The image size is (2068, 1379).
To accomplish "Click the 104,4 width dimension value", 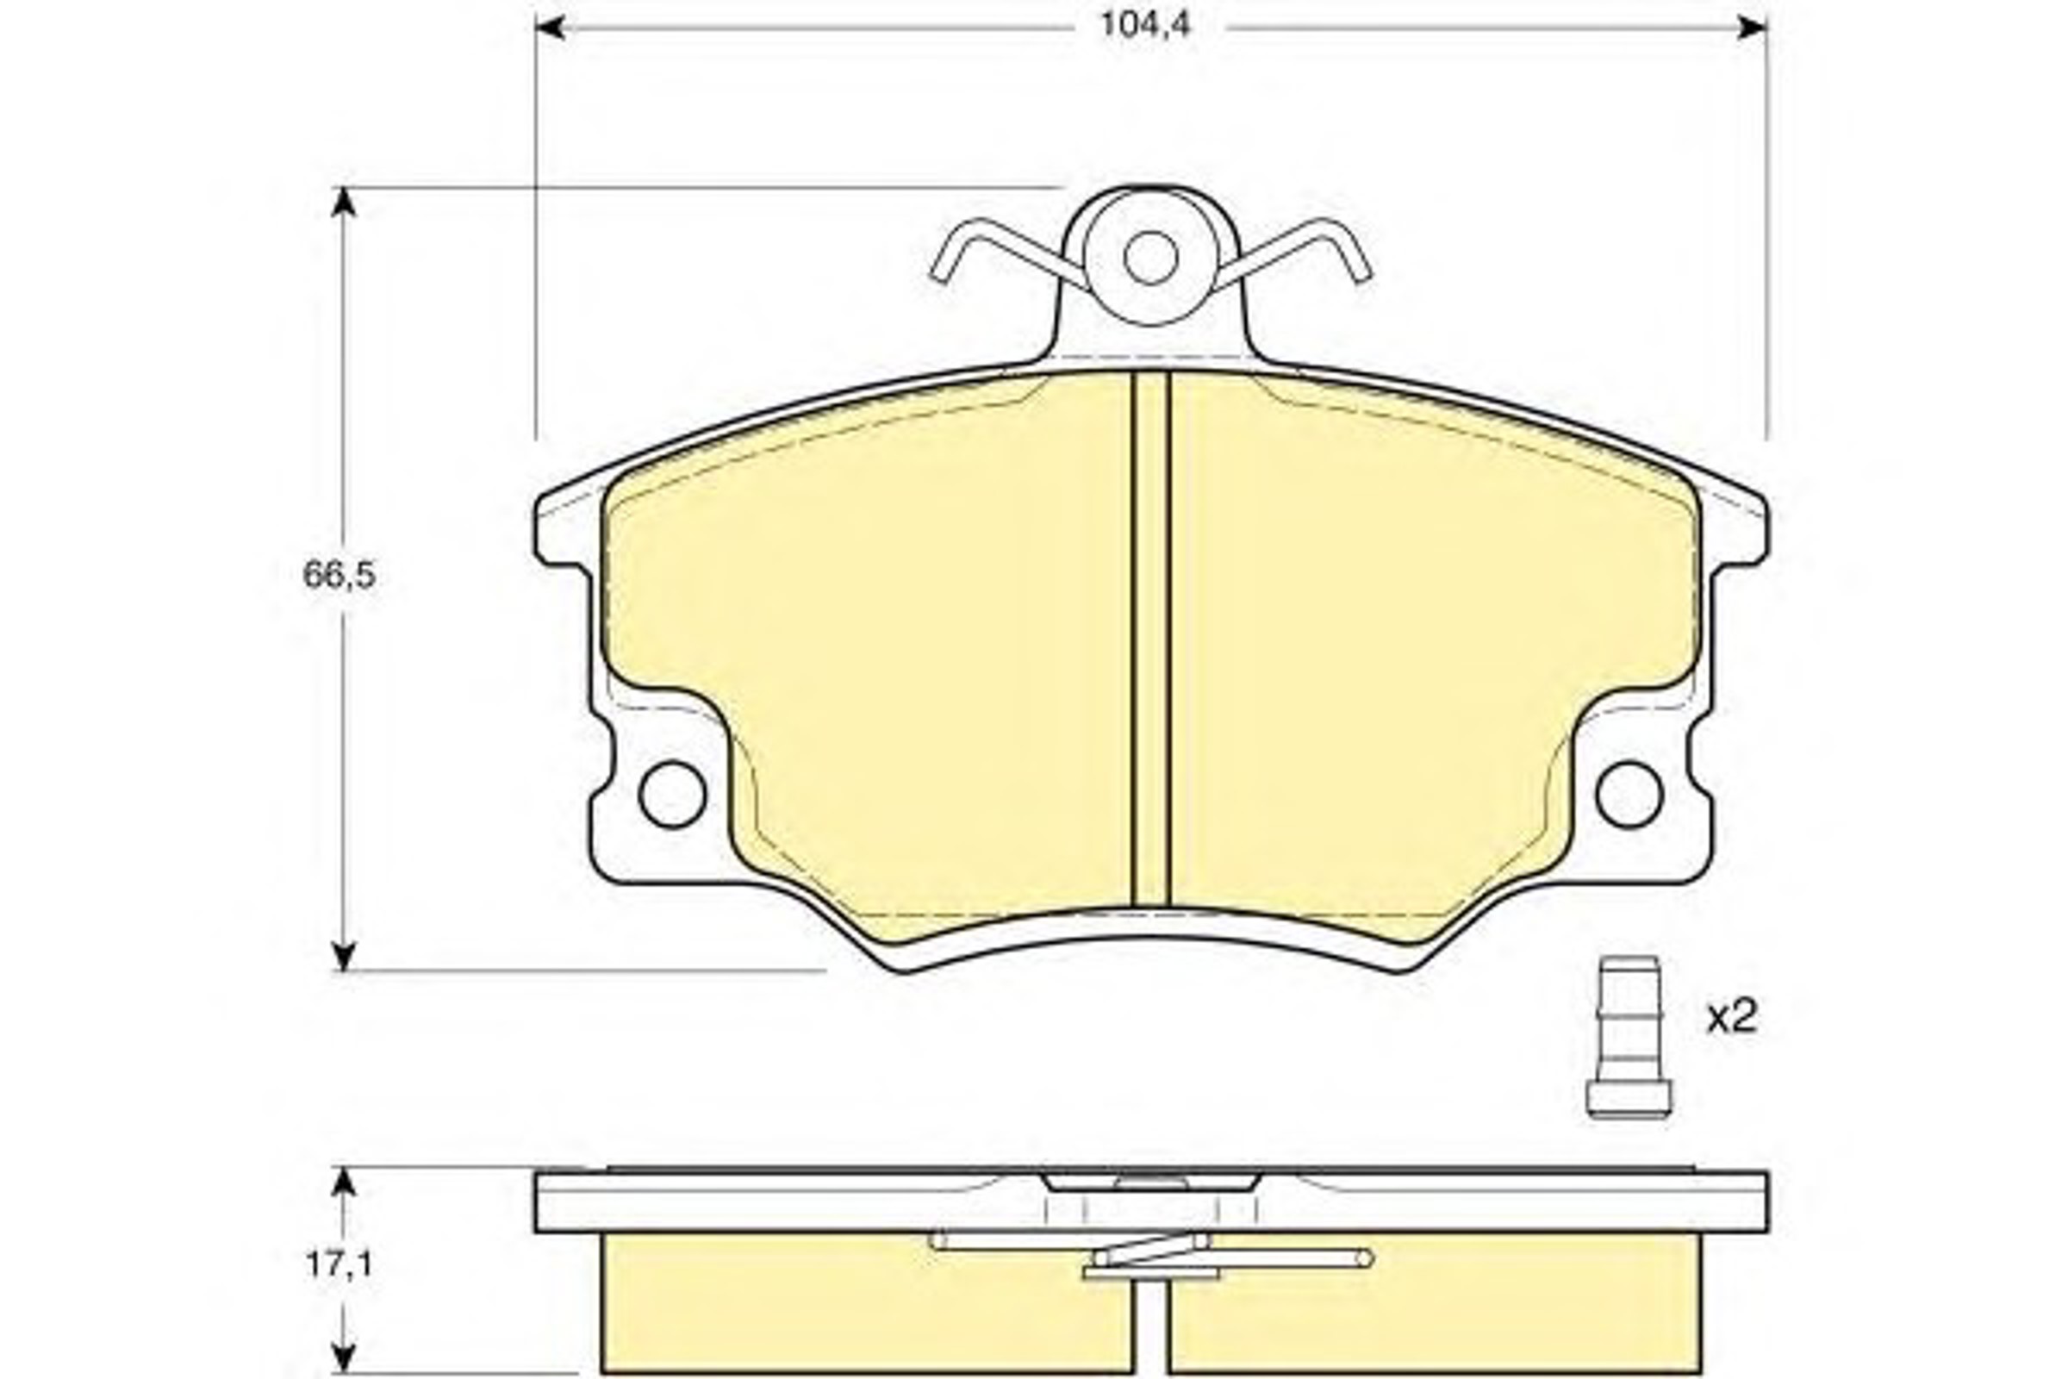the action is (x=1145, y=26).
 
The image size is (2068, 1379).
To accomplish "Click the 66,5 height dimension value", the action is (x=339, y=575).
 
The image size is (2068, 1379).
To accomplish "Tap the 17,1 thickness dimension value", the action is (x=339, y=1264).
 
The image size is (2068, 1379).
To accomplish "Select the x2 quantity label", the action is (x=1731, y=1019).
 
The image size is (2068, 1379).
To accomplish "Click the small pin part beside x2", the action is (x=1629, y=1037).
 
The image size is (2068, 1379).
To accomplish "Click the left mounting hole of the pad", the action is (x=673, y=795).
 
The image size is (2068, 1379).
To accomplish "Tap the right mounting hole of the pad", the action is (x=1629, y=795).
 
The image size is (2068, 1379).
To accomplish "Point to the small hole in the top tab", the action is (x=1150, y=258).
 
